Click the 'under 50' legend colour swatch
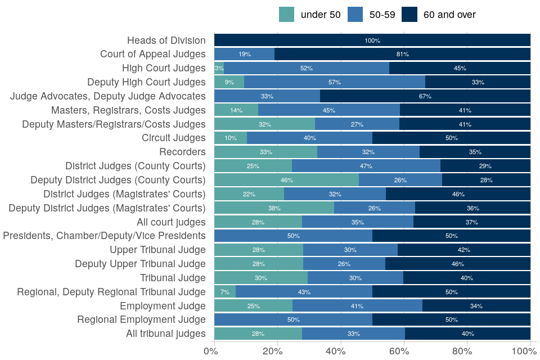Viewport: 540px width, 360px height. coord(286,15)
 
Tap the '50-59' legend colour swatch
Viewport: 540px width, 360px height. coord(355,15)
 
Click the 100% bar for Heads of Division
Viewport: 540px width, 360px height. coord(372,40)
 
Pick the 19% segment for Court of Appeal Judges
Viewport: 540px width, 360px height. coord(245,54)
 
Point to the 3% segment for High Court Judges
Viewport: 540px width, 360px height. coord(219,68)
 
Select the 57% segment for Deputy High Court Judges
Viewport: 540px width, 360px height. coord(335,82)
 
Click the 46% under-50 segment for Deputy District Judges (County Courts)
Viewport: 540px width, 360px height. coord(286,180)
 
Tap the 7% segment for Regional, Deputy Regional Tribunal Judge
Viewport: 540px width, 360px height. coord(225,292)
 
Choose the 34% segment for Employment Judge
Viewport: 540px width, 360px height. coord(476,306)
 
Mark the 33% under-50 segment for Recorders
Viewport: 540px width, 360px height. coord(266,152)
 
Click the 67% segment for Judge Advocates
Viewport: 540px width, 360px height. coord(425,96)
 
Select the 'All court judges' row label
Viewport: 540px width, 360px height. coord(171,222)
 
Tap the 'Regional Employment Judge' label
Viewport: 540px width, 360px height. coord(141,320)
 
